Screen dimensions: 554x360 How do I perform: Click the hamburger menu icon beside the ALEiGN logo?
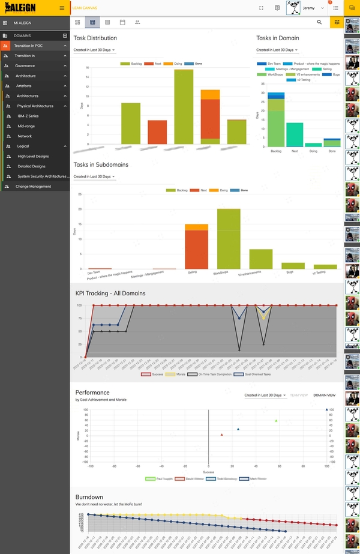click(x=62, y=8)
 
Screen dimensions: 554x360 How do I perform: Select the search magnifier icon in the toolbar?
click(x=319, y=22)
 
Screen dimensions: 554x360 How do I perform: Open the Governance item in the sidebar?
click(x=25, y=65)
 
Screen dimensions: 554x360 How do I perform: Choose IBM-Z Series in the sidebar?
click(x=28, y=116)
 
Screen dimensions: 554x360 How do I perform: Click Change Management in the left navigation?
click(x=33, y=187)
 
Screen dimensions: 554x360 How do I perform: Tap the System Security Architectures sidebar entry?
click(x=41, y=176)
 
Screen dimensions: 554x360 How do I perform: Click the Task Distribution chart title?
click(x=95, y=38)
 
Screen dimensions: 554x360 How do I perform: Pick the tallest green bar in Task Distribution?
click(x=184, y=106)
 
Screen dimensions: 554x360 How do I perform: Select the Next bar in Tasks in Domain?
click(x=294, y=134)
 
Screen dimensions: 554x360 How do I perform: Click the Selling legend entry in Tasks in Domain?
click(x=326, y=69)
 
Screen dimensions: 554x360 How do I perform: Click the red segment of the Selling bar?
click(x=196, y=249)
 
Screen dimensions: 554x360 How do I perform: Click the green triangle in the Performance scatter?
click(x=276, y=421)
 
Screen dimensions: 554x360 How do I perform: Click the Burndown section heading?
click(x=89, y=497)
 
